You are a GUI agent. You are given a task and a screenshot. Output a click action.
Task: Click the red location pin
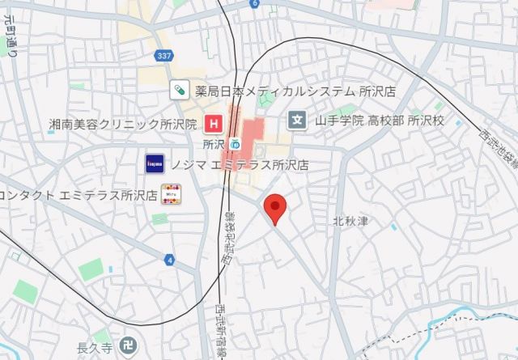tap(276, 209)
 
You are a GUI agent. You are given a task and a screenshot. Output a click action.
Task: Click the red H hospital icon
tap(214, 124)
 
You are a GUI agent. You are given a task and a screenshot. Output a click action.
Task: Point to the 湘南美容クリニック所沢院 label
tap(123, 124)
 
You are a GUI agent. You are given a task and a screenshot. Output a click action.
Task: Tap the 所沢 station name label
tap(213, 144)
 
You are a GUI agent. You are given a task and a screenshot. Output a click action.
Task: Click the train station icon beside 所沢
tap(236, 144)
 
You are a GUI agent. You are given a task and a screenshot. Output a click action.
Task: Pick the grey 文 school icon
tap(296, 121)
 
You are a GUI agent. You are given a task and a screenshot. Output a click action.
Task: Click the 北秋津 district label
tap(350, 220)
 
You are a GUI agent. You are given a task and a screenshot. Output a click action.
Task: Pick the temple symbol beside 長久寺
tap(127, 348)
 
